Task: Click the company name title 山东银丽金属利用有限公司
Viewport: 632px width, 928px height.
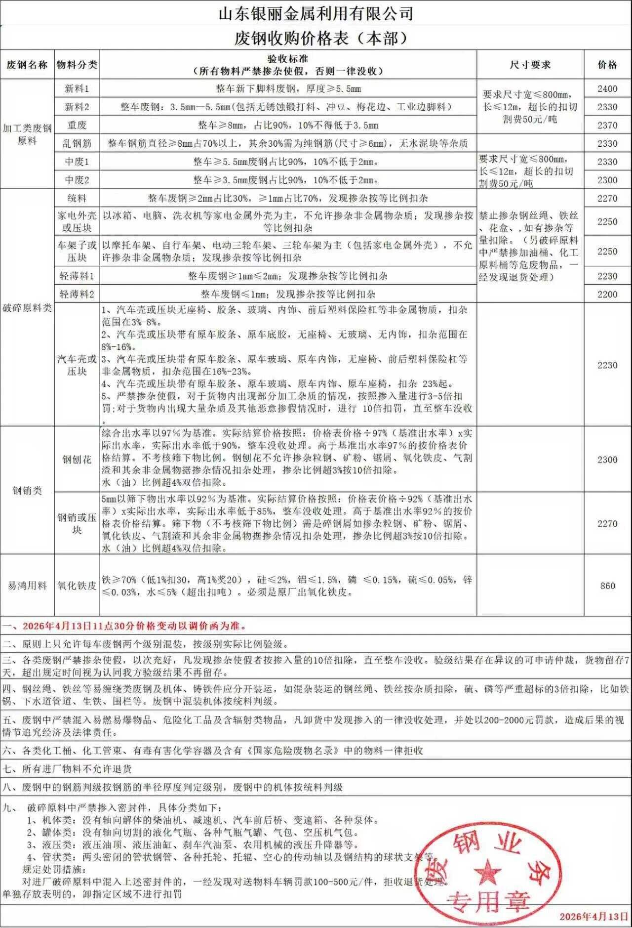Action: tap(316, 13)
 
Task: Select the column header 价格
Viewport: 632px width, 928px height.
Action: tap(607, 65)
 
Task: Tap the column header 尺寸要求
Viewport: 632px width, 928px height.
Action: tap(530, 65)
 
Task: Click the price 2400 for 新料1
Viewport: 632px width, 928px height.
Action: tap(607, 89)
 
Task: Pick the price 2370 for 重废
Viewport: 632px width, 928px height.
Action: tap(607, 126)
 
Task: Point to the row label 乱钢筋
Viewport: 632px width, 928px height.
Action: tap(77, 144)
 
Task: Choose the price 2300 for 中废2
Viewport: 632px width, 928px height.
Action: tap(607, 180)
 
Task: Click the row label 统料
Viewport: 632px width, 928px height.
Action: tap(77, 199)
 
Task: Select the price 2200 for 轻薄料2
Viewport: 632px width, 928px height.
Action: tap(607, 295)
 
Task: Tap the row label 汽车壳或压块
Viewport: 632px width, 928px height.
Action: tap(77, 365)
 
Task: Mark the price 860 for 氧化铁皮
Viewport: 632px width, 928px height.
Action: tap(607, 586)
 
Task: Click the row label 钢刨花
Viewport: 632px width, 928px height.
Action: tap(77, 460)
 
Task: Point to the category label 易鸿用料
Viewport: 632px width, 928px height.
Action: tap(27, 586)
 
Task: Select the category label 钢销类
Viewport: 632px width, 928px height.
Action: tap(27, 491)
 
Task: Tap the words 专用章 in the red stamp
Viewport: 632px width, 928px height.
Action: tap(487, 902)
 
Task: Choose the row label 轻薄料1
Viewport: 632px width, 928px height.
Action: tap(77, 276)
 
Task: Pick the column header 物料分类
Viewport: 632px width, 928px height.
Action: tap(77, 65)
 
